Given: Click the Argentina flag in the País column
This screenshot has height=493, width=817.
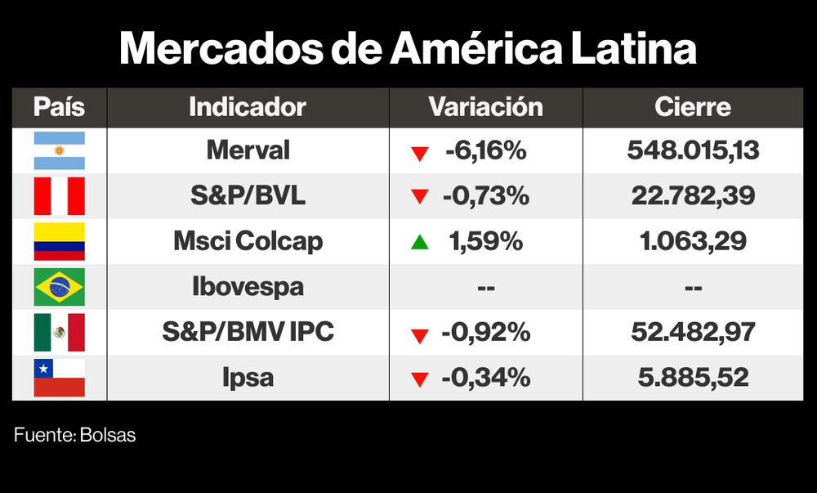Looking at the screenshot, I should click(x=59, y=150).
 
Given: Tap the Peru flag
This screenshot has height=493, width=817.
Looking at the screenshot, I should click(x=59, y=196).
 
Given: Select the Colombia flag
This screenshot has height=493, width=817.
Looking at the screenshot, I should click(x=59, y=241).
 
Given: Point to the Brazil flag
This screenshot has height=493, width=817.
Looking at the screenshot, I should click(x=59, y=287).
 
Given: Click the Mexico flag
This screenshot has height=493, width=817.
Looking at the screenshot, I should click(x=59, y=332).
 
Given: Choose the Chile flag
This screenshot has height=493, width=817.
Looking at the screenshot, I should click(x=59, y=378).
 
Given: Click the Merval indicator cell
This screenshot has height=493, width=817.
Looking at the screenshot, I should click(x=248, y=150).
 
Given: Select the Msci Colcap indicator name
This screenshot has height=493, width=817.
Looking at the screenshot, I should click(x=248, y=241).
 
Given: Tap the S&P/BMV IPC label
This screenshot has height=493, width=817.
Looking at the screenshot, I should click(x=248, y=332).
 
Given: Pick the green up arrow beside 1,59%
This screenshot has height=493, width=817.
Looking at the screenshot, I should click(x=420, y=242).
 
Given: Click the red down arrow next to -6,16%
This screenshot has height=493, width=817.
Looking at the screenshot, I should click(x=420, y=152).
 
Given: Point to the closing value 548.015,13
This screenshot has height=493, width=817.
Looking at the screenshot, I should click(x=693, y=150).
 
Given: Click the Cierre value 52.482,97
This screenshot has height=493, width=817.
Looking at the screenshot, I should click(x=693, y=332).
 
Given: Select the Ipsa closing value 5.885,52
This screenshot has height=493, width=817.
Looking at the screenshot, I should click(x=693, y=378).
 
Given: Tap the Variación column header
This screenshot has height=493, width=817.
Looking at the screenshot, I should click(x=485, y=107).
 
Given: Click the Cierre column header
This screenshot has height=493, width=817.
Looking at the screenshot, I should click(x=693, y=107).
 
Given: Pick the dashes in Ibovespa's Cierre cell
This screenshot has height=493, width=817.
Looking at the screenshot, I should click(x=693, y=288).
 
